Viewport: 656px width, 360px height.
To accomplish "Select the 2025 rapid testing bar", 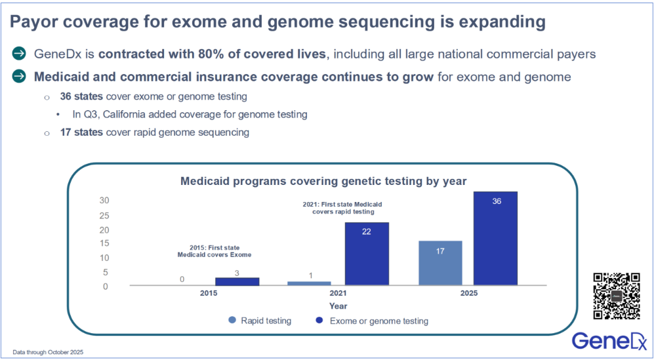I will click(x=440, y=262).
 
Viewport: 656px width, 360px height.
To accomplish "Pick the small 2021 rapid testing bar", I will click(x=310, y=283).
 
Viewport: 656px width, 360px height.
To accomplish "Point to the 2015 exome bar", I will click(x=237, y=281).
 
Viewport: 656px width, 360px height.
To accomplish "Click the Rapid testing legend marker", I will click(x=232, y=321).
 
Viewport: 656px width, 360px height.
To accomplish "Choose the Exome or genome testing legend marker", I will click(x=320, y=321).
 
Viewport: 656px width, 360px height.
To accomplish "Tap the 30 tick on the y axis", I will click(x=104, y=201).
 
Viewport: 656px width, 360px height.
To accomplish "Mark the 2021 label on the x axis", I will click(x=338, y=292).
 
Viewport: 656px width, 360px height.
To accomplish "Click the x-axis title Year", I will click(x=338, y=306).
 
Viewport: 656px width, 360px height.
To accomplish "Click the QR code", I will click(x=617, y=296).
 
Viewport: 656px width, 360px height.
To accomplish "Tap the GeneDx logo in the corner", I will click(x=609, y=340).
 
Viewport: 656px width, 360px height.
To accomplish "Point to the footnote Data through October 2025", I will click(x=48, y=352).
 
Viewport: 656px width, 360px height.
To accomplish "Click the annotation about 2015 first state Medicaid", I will click(x=214, y=250).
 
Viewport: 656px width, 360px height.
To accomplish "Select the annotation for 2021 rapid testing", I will click(x=342, y=208).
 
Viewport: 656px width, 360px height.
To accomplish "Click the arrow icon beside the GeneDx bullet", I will click(x=20, y=54).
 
